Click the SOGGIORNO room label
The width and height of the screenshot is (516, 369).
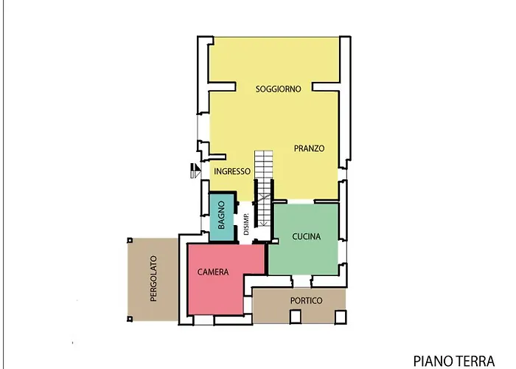pos(278,89)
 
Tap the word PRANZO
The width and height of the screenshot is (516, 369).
pos(309,148)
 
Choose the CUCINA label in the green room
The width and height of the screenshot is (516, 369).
pos(305,237)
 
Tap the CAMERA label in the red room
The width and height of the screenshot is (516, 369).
pos(213,272)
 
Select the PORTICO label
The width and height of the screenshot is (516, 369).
pos(306,300)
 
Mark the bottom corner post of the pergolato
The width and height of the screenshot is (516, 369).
pos(129,318)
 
